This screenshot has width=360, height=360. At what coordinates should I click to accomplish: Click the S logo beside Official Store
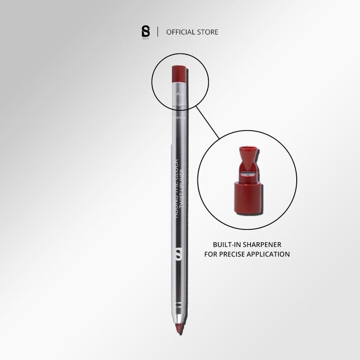tap(145, 32)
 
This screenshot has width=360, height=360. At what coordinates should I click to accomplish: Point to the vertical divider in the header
tap(157, 32)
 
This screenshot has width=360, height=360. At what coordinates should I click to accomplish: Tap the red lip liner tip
tap(179, 328)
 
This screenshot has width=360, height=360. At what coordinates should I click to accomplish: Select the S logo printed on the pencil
tap(179, 254)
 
